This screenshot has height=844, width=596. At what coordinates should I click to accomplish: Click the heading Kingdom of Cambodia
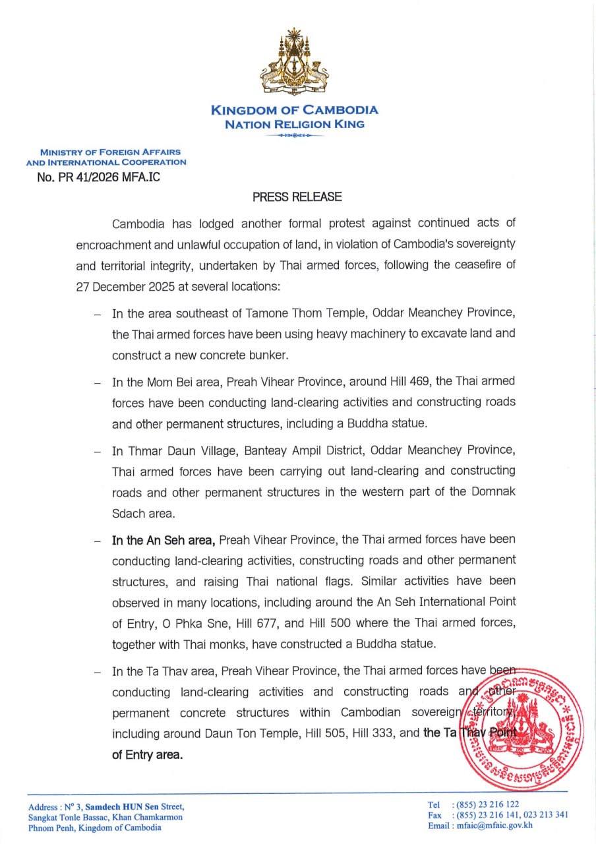click(294, 111)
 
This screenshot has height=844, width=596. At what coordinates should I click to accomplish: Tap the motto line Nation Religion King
click(294, 124)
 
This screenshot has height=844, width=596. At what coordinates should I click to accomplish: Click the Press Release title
click(297, 196)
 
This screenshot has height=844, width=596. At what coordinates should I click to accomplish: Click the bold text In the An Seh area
click(164, 539)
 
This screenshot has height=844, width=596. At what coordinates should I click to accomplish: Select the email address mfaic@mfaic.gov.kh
click(494, 825)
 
